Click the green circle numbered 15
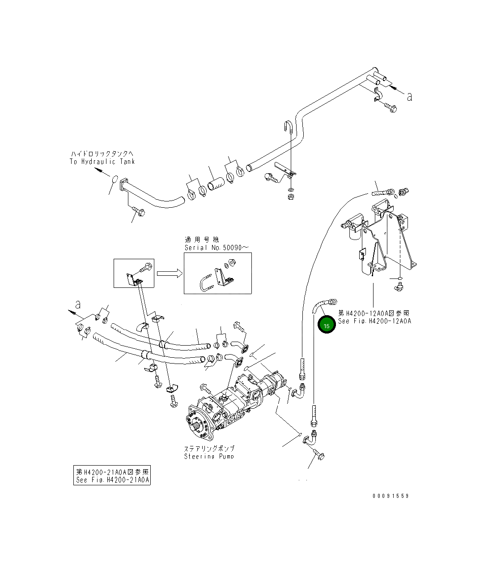pos(327,325)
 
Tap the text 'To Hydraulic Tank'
pos(102,162)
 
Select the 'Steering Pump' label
pos(209,452)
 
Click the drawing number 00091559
pos(391,496)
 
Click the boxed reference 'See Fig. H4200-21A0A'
pos(112,476)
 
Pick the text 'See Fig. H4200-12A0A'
pos(374,321)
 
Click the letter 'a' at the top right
pos(409,96)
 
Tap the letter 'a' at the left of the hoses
pos(78,305)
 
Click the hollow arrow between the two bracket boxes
pos(169,273)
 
